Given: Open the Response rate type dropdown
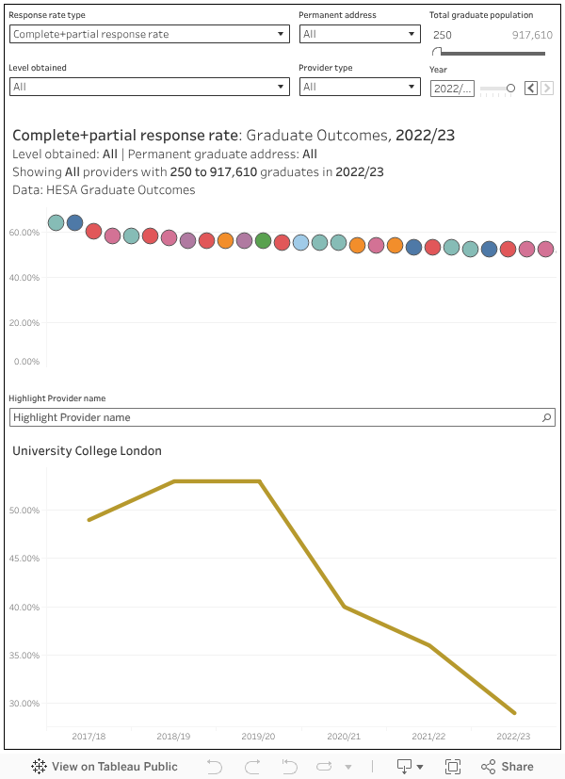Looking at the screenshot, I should click(x=149, y=34).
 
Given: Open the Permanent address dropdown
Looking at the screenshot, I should click(x=359, y=34).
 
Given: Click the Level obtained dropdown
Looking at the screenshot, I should click(x=149, y=87).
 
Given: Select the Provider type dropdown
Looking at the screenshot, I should click(x=359, y=87).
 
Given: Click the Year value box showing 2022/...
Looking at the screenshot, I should click(x=452, y=88).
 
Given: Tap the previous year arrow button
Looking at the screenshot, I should click(x=531, y=88).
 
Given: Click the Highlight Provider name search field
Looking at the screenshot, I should click(x=273, y=417).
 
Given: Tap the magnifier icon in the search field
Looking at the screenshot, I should click(x=546, y=417).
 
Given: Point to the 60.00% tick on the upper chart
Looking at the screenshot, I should click(x=24, y=233).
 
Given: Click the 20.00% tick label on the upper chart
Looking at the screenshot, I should click(x=24, y=322).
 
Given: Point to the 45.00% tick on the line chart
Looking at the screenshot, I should click(x=24, y=559).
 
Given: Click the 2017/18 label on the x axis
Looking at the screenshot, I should click(x=89, y=737).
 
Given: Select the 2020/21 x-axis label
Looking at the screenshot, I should click(x=344, y=737).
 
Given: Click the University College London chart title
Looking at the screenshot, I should click(x=87, y=451).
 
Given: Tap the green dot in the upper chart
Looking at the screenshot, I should click(x=263, y=240).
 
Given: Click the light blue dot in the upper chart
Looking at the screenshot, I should click(x=300, y=243).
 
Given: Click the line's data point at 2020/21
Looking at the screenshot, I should click(x=345, y=607).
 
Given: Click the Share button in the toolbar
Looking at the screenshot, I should click(x=507, y=766).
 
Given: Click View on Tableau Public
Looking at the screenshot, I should click(x=105, y=766).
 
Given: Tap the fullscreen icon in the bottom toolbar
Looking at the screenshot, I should click(x=453, y=766).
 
